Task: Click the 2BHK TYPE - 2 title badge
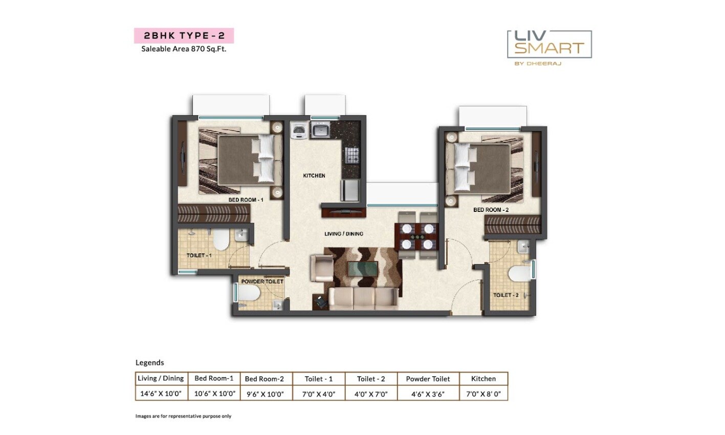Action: coord(184,36)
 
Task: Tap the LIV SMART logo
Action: coord(549,45)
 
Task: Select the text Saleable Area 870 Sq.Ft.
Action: coord(184,50)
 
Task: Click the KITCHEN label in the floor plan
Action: coord(314,176)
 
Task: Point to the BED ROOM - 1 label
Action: coord(246,200)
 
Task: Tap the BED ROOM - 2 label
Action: coord(491,210)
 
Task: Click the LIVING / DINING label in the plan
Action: coord(344,234)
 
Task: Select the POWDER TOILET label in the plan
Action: coord(262,281)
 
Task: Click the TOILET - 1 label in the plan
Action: coord(199,255)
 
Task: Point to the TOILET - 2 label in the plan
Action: coord(506,295)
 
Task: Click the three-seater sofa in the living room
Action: coord(363,298)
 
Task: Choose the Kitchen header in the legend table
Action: coord(483,379)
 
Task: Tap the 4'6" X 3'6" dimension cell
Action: coord(428,394)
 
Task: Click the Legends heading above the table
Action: coord(149,362)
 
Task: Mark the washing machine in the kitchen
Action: coord(298,131)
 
